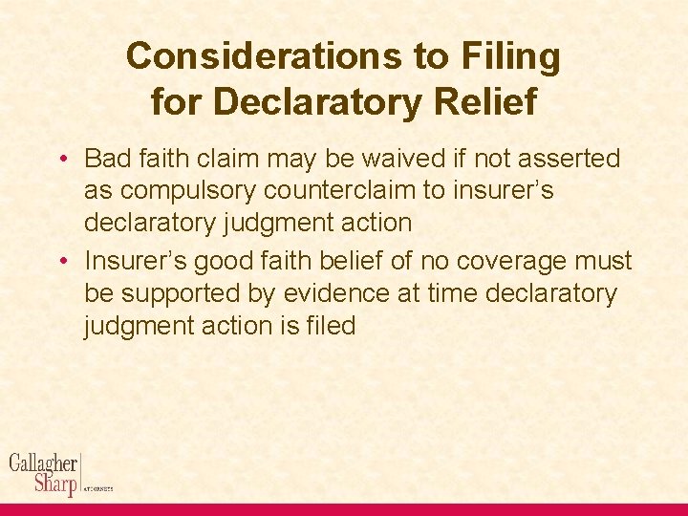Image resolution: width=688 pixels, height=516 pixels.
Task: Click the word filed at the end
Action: pyautogui.click(x=331, y=326)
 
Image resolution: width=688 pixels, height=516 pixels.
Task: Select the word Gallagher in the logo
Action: pyautogui.click(x=43, y=463)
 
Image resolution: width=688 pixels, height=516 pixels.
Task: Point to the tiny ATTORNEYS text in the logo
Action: pyautogui.click(x=99, y=488)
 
